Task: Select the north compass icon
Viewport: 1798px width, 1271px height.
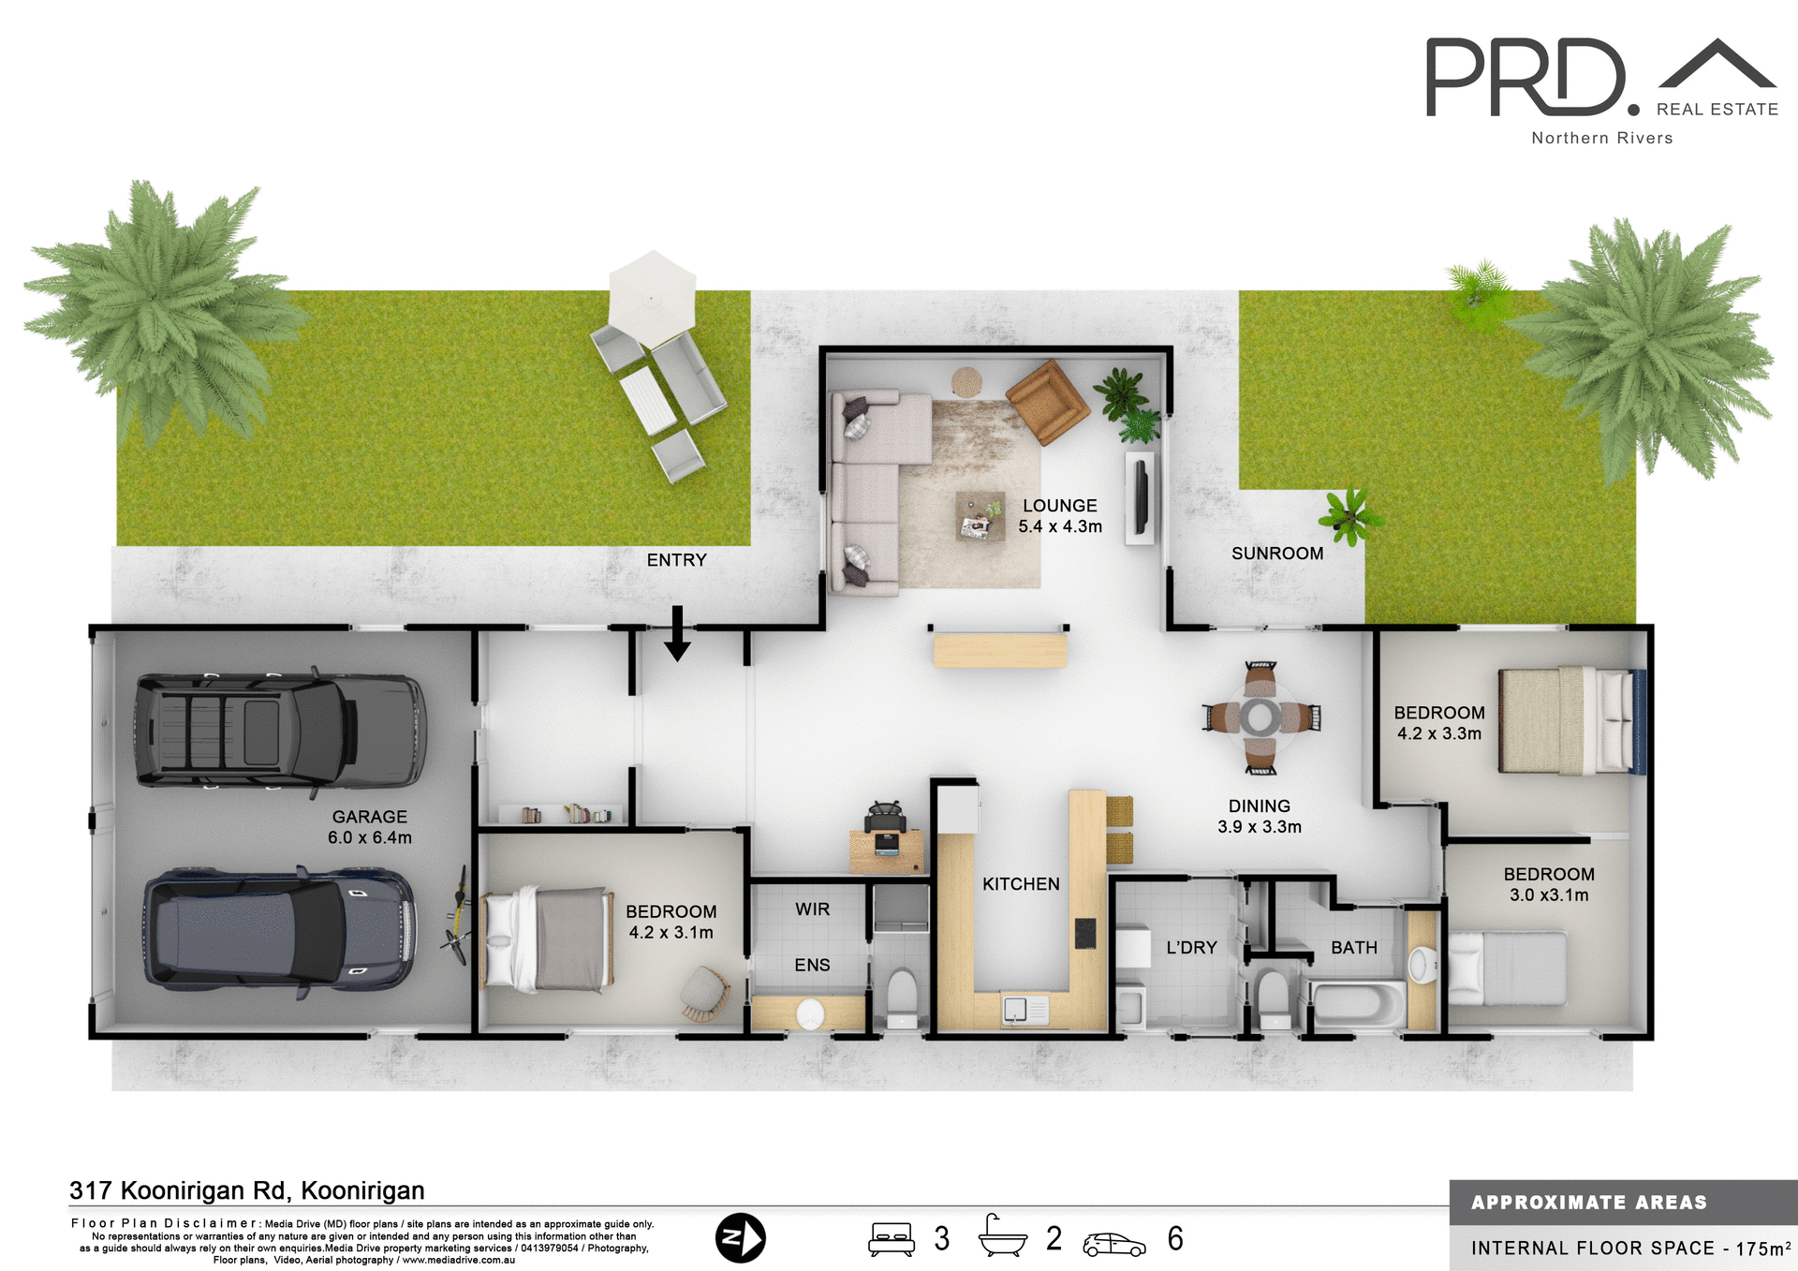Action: [740, 1238]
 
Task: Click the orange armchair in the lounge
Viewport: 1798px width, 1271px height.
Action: [1047, 401]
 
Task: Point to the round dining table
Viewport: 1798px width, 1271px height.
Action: [1260, 717]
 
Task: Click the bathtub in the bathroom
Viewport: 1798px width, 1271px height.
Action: [1357, 1004]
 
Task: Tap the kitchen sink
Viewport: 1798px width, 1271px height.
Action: [1016, 1010]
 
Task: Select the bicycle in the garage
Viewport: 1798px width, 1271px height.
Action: [458, 915]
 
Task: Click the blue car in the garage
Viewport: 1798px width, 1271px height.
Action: [279, 929]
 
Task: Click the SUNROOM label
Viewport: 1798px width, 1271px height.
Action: [1276, 554]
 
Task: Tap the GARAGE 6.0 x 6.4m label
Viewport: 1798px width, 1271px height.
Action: [370, 827]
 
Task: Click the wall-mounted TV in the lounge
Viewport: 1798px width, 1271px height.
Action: [1142, 497]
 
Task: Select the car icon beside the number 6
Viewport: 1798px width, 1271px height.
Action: [1113, 1244]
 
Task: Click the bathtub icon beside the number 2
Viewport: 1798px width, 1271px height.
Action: [1002, 1236]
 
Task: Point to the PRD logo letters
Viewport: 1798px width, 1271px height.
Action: [1526, 78]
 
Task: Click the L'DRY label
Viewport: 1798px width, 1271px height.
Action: [1191, 948]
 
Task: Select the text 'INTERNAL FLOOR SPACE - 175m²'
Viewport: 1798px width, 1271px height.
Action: [1629, 1249]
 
